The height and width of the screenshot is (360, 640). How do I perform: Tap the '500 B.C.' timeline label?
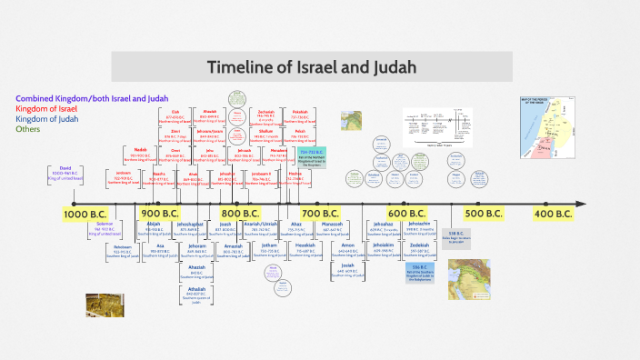pyautogui.click(x=484, y=214)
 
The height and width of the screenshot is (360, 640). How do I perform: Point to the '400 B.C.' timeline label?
pyautogui.click(x=552, y=214)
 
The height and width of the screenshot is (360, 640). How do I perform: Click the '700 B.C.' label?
pyautogui.click(x=319, y=214)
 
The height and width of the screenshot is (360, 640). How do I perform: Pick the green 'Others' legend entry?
pyautogui.click(x=28, y=129)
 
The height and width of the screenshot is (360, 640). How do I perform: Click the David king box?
pyautogui.click(x=65, y=173)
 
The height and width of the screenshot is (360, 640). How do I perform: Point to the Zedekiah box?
pyautogui.click(x=419, y=249)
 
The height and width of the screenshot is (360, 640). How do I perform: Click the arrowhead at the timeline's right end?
pyautogui.click(x=581, y=204)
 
